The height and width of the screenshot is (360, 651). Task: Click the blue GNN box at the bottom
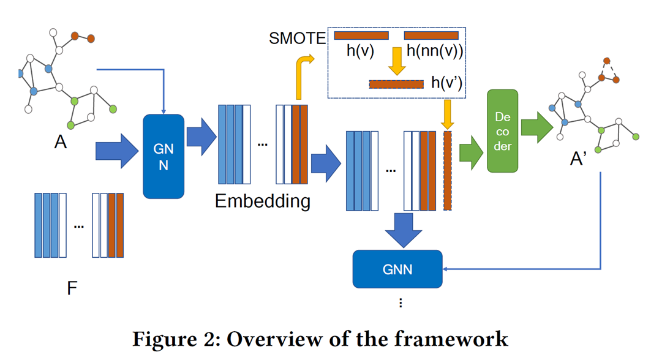[x=397, y=269]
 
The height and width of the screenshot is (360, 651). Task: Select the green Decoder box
[x=502, y=130]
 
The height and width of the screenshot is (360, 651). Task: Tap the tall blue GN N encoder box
[x=164, y=156]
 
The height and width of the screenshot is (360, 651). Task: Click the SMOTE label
[x=297, y=38]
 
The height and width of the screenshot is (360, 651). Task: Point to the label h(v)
[x=360, y=51]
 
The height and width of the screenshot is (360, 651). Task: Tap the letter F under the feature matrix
[x=72, y=288]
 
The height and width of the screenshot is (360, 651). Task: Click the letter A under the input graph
[x=60, y=142]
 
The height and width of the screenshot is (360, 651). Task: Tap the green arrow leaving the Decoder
[x=536, y=127]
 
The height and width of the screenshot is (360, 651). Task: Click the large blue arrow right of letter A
[x=117, y=151]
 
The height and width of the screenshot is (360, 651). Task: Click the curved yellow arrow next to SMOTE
[x=304, y=74]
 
